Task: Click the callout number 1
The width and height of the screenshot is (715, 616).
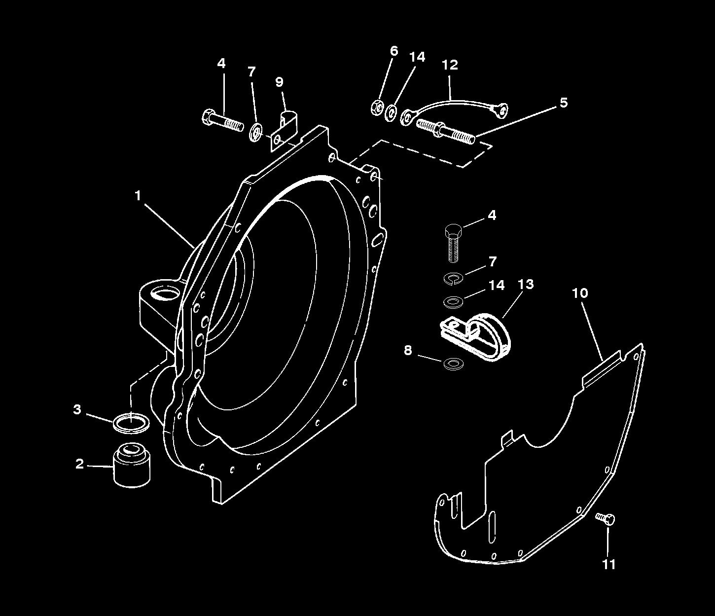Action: [x=138, y=196]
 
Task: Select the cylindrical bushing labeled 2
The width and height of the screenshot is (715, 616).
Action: [x=132, y=466]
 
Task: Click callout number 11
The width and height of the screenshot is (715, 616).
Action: [x=609, y=564]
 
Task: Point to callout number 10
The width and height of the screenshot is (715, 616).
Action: [x=580, y=293]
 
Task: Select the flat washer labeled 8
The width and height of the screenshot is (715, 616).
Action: [x=453, y=364]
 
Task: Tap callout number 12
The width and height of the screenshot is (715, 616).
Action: [x=450, y=65]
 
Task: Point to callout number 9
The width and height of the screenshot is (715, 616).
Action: [x=280, y=82]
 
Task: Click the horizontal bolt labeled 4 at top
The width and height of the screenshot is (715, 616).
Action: [x=222, y=120]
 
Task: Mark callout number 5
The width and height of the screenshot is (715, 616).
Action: [x=564, y=103]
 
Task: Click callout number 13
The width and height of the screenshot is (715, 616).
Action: [x=526, y=284]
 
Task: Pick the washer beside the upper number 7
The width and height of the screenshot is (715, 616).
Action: [x=255, y=132]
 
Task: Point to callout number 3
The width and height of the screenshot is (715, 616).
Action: [x=77, y=409]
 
